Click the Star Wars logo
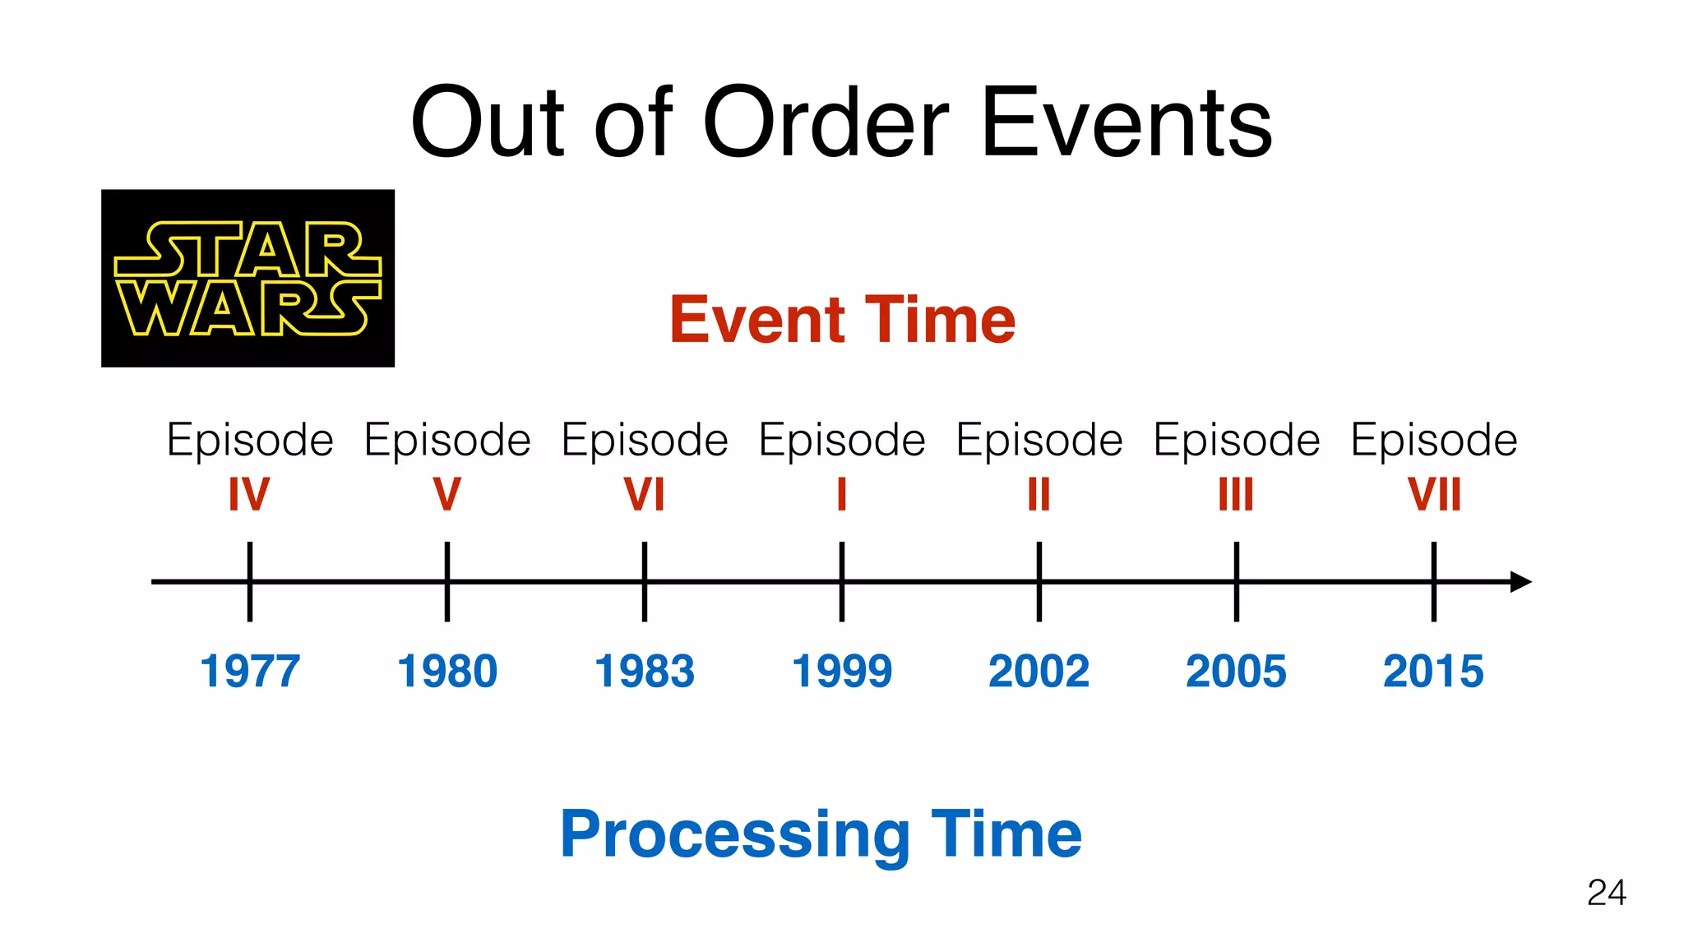click(248, 278)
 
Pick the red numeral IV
click(249, 495)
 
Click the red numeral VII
click(1434, 495)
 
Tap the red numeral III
click(1236, 495)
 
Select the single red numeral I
click(842, 495)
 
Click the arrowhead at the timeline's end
click(1521, 582)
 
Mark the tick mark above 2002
click(1039, 581)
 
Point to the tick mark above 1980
click(447, 581)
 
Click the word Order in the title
click(826, 123)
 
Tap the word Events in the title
click(1127, 123)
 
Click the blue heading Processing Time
click(821, 834)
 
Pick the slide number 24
click(1606, 893)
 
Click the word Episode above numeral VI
click(645, 441)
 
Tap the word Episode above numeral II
click(1039, 441)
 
